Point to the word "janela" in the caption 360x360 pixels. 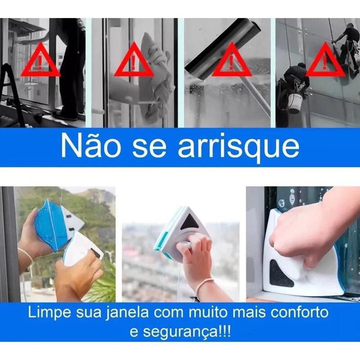click(x=127, y=313)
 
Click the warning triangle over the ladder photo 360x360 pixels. click(x=40, y=59)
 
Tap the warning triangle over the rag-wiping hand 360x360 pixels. click(x=134, y=59)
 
